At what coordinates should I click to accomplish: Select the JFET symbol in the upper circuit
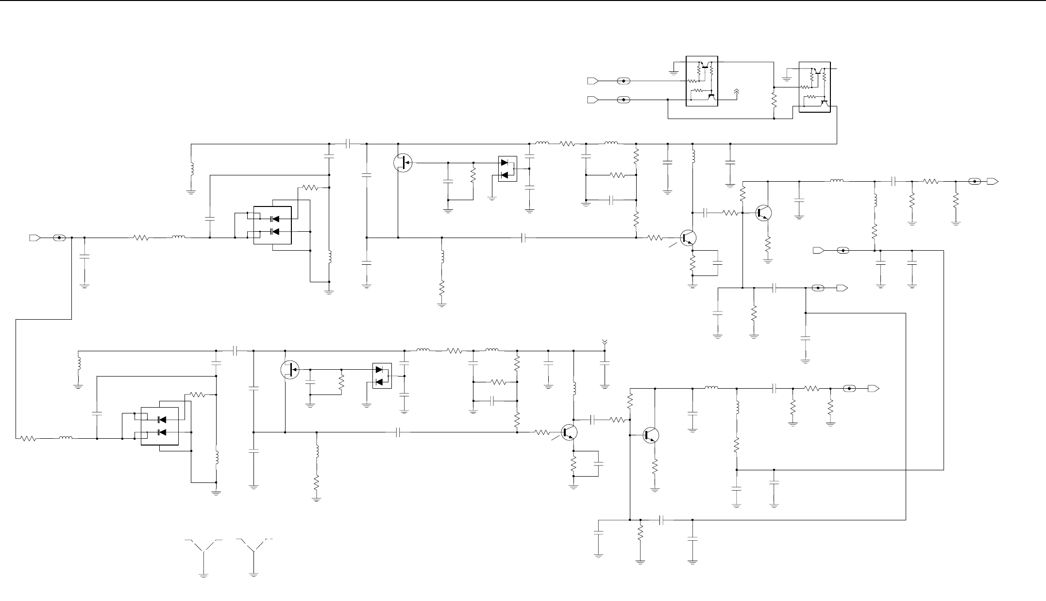tap(403, 163)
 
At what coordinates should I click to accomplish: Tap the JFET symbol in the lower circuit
tap(290, 370)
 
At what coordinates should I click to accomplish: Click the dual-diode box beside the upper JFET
tap(507, 169)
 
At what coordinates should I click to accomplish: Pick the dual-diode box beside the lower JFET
tap(382, 376)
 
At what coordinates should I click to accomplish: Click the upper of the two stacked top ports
tap(593, 80)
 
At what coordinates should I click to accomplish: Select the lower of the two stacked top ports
tap(593, 100)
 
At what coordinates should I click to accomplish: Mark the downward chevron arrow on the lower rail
tap(605, 342)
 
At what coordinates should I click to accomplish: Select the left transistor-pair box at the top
tap(702, 81)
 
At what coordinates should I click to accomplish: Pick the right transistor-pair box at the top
tap(814, 87)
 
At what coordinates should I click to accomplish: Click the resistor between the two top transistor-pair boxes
tap(774, 101)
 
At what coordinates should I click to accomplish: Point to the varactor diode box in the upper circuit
tap(272, 225)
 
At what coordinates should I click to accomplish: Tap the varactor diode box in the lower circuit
tap(160, 426)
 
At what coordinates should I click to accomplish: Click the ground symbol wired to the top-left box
tap(673, 73)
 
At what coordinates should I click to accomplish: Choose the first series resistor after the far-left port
tap(141, 238)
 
